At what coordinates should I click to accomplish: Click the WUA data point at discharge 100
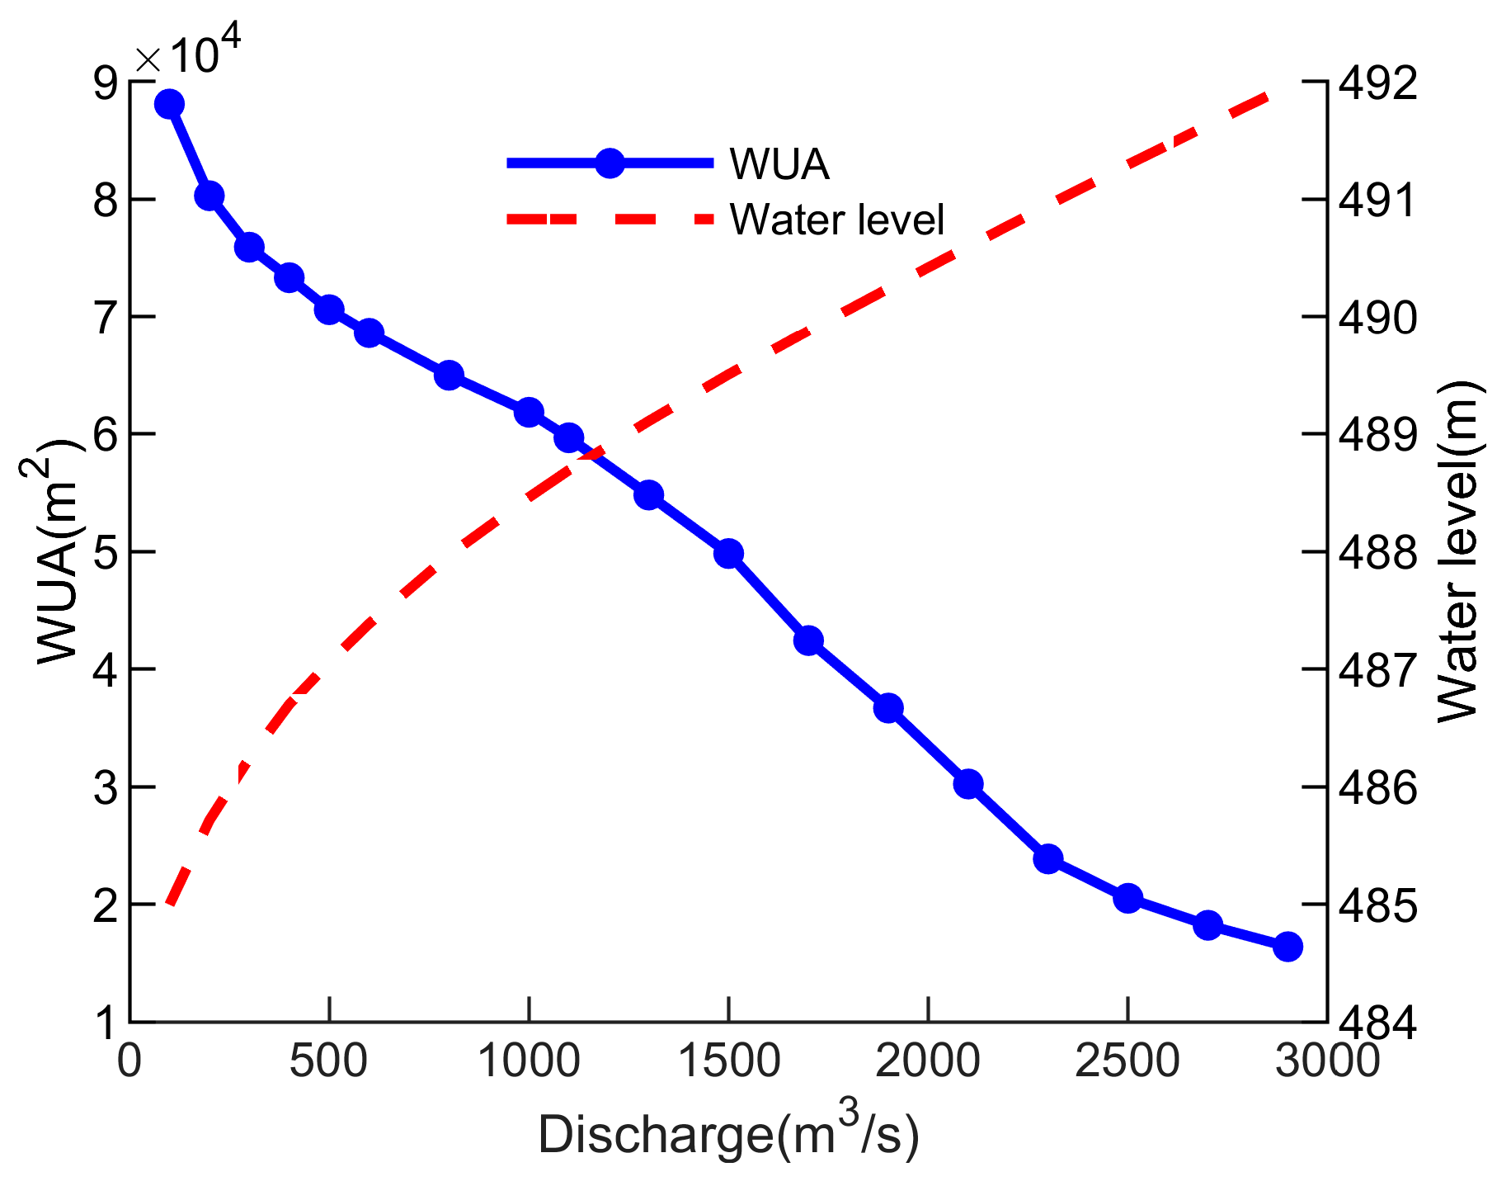coord(169,104)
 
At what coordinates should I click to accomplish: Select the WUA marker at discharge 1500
coord(728,553)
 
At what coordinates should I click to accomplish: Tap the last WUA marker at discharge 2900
coord(1288,947)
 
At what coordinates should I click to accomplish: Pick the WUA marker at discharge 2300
coord(1048,859)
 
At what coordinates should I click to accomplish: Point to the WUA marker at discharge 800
coord(449,376)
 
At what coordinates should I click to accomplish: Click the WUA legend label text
coord(779,165)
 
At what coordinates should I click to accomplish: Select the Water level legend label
coord(836,220)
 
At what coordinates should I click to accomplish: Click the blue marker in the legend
coord(610,163)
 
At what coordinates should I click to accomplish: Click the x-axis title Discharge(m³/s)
coord(728,1134)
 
